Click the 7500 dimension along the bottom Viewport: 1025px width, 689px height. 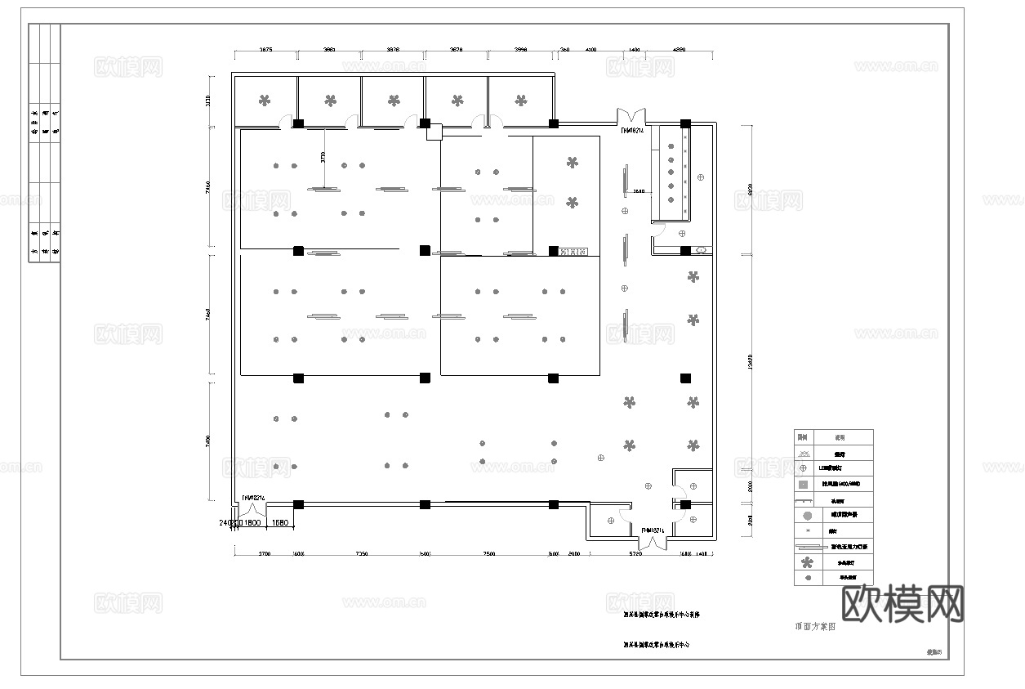(x=488, y=553)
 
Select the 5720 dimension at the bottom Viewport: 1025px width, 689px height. (x=635, y=553)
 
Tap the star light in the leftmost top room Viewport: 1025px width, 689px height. (x=265, y=101)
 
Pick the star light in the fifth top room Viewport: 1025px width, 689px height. (x=521, y=101)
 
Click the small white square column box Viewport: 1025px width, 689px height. (x=434, y=132)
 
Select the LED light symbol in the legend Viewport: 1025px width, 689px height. (x=804, y=468)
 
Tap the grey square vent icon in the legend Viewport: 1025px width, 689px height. (x=804, y=484)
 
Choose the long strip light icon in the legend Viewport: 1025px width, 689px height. (x=805, y=546)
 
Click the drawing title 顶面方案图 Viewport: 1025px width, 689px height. (x=815, y=627)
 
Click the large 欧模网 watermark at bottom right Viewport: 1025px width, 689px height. (x=902, y=604)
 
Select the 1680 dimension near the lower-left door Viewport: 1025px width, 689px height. (x=280, y=522)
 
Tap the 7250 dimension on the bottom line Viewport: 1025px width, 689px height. (x=361, y=553)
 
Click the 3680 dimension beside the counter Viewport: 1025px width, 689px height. (x=639, y=192)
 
